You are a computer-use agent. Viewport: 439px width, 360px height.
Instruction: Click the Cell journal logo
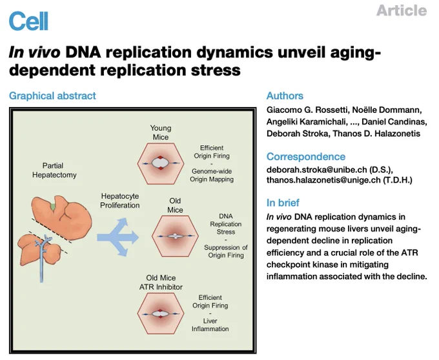[28, 21]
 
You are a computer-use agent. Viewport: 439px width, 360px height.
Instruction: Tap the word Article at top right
[402, 10]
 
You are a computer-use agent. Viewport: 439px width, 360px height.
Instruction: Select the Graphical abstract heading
[52, 95]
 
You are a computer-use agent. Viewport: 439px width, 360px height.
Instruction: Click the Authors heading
[285, 95]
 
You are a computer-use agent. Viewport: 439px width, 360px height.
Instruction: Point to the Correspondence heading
[306, 156]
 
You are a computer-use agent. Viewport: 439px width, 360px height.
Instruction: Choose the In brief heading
[283, 203]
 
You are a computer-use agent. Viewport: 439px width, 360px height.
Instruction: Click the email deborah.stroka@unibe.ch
[316, 170]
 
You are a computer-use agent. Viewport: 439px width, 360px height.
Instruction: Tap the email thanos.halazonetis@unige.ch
[323, 180]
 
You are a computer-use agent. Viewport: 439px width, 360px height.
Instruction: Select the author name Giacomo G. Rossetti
[307, 110]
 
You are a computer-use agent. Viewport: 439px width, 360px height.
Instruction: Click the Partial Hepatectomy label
[54, 170]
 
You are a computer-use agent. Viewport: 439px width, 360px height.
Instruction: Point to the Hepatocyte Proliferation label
[120, 201]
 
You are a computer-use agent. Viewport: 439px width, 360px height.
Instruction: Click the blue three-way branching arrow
[118, 237]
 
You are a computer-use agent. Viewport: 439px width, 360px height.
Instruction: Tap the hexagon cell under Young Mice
[161, 164]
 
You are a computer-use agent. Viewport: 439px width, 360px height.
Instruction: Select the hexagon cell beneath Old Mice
[175, 236]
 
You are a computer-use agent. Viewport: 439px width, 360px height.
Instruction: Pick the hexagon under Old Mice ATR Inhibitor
[161, 314]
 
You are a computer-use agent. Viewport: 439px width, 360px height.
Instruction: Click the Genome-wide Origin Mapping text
[212, 175]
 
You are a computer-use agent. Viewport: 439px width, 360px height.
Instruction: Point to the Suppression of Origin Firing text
[226, 251]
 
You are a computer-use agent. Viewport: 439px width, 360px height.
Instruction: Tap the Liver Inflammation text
[210, 325]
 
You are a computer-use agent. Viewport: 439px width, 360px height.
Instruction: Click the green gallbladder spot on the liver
[53, 206]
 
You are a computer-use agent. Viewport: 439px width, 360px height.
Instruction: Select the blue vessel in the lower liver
[42, 257]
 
